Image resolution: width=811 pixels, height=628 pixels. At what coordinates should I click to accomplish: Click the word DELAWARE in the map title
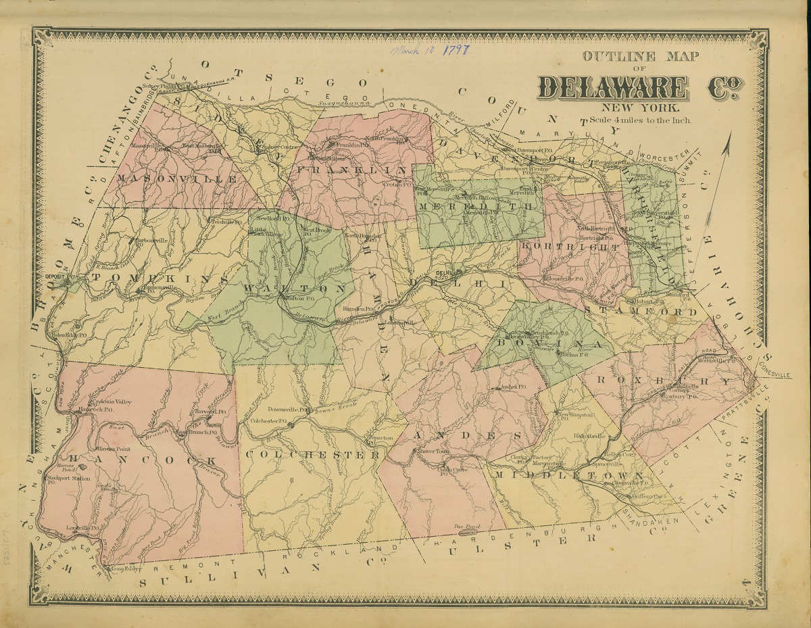tap(612, 87)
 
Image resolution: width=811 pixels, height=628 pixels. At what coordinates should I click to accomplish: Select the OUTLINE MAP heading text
tap(640, 57)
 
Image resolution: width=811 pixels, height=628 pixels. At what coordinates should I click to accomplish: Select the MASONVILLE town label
tap(178, 179)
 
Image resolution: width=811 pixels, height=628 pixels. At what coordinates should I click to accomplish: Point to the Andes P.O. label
tap(512, 387)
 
